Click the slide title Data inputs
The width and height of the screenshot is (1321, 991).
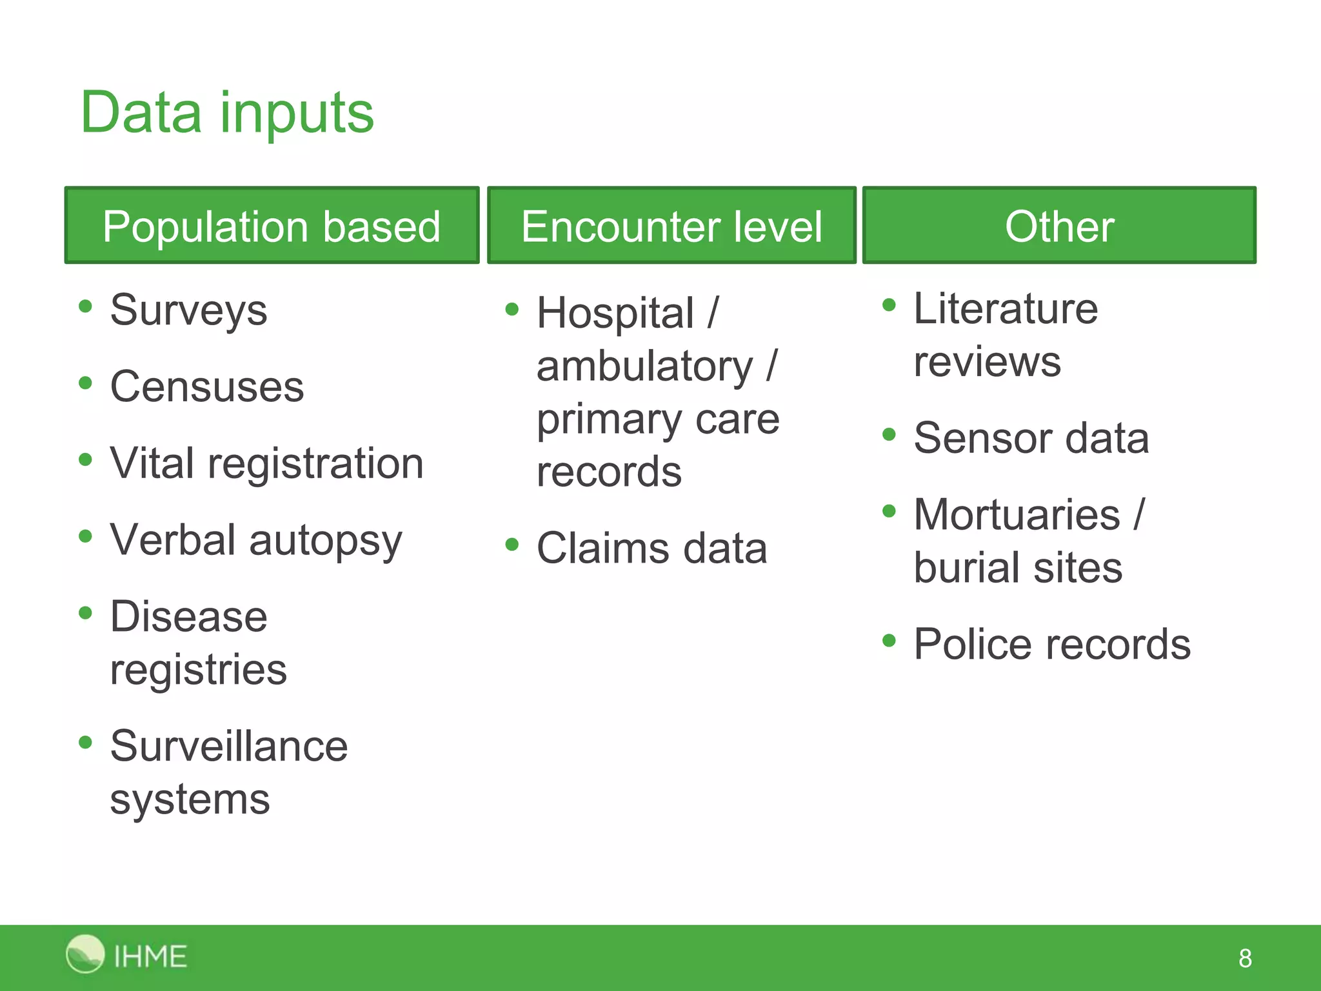[227, 113]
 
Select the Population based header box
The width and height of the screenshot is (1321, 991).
[272, 226]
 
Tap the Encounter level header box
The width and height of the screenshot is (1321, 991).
[671, 226]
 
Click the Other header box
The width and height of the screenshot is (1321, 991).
[1059, 226]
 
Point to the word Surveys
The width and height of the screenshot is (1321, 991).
[188, 311]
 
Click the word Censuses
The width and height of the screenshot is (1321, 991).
[206, 387]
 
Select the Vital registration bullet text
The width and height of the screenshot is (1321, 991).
[266, 464]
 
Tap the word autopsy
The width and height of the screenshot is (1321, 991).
[325, 541]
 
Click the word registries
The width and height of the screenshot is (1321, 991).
[198, 670]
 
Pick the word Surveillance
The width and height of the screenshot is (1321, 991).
[229, 746]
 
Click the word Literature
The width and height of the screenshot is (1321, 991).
[1006, 309]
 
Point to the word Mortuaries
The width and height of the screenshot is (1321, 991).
[1017, 516]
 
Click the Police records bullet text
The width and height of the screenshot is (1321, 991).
[1052, 645]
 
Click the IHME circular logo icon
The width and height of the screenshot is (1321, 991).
[84, 954]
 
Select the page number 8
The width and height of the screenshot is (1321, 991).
[1245, 959]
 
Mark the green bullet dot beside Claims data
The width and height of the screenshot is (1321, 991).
[512, 545]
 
